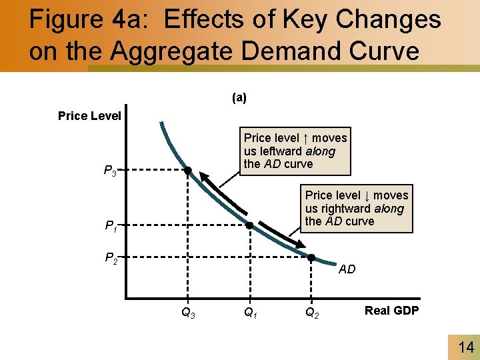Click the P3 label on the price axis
point(111,172)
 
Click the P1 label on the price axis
point(111,227)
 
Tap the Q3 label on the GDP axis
point(188,311)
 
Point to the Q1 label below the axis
point(249,311)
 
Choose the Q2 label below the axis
point(311,311)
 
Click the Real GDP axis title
point(391,310)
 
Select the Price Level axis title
point(89,116)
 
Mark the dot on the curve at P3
point(188,171)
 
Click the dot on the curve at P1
point(249,225)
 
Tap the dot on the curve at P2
point(311,257)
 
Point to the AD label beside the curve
point(347,269)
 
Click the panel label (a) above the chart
point(239,98)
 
